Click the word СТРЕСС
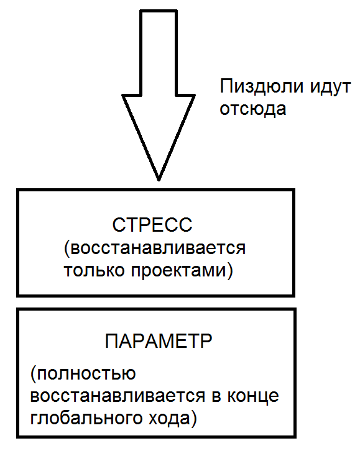pyautogui.click(x=152, y=225)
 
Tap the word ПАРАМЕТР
pyautogui.click(x=159, y=341)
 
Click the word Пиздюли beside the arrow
pyautogui.click(x=262, y=87)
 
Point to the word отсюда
pyautogui.click(x=253, y=109)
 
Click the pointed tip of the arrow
pyautogui.click(x=159, y=180)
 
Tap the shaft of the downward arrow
pyautogui.click(x=159, y=53)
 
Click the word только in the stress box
pyautogui.click(x=94, y=271)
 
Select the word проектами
pyautogui.click(x=178, y=271)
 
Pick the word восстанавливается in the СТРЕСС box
pyautogui.click(x=158, y=248)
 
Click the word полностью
pyautogui.click(x=86, y=373)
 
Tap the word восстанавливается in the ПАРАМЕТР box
pyautogui.click(x=118, y=396)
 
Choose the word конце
pyautogui.click(x=253, y=396)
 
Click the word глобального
pyautogui.click(x=86, y=418)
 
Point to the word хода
pyautogui.click(x=169, y=418)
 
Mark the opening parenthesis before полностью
pyautogui.click(x=34, y=375)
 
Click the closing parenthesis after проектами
pyautogui.click(x=229, y=271)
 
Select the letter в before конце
pyautogui.click(x=216, y=396)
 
